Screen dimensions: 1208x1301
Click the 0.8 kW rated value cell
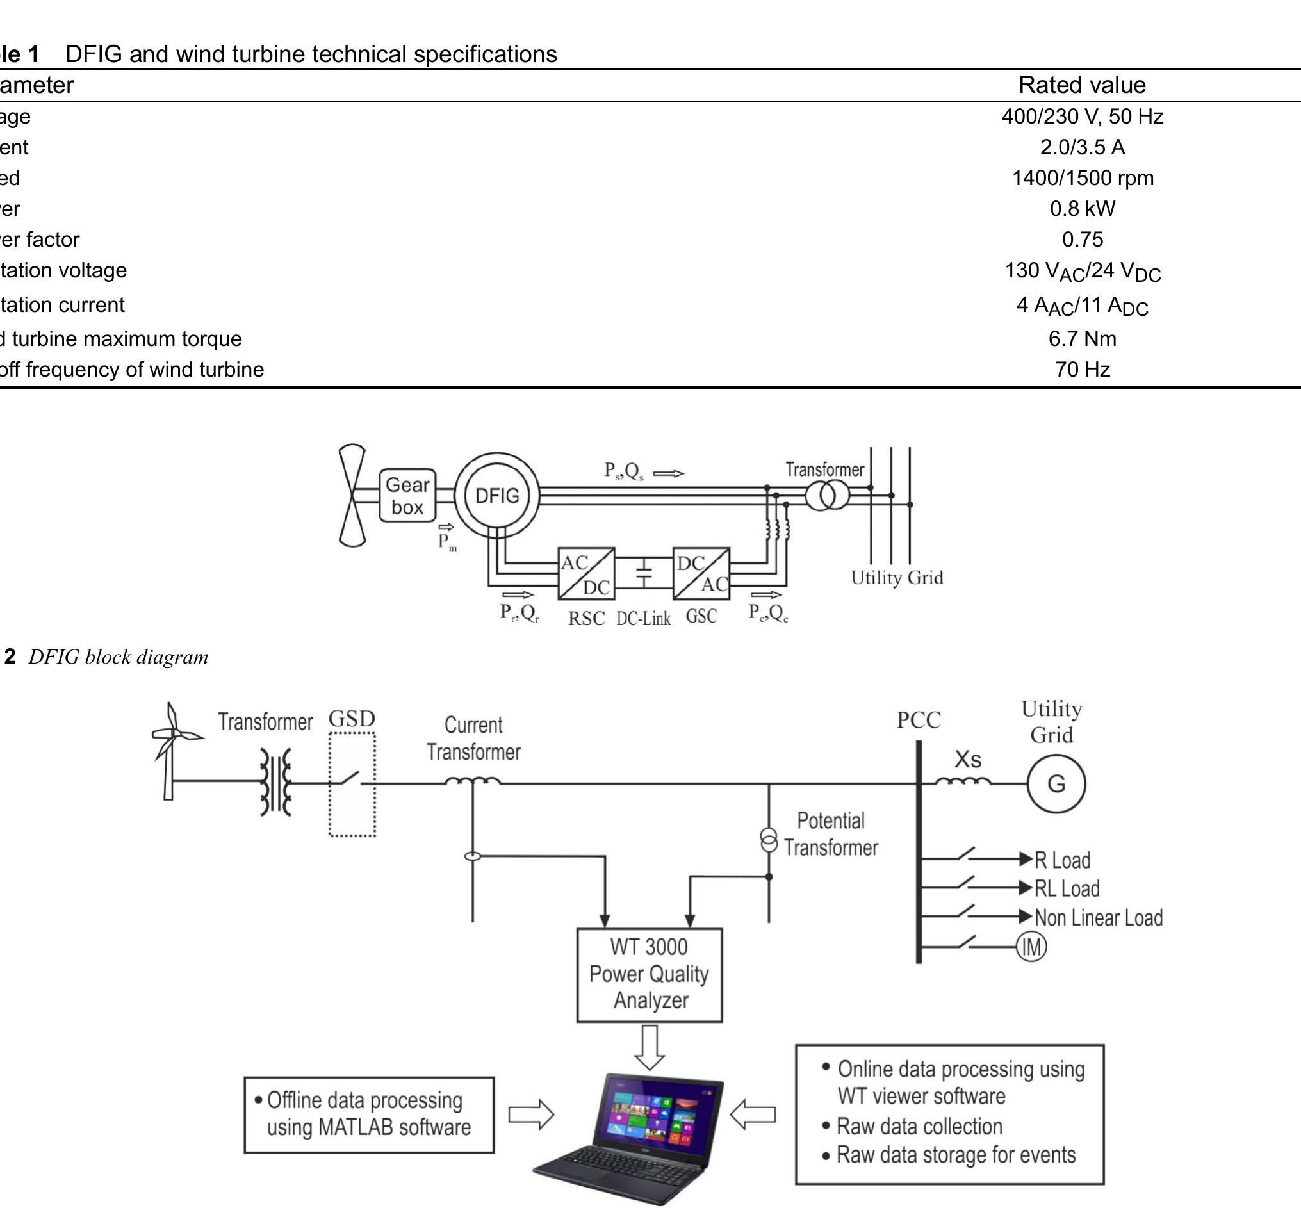(1082, 209)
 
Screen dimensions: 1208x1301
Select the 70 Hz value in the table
(1082, 370)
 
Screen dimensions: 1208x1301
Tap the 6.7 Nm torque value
(1082, 339)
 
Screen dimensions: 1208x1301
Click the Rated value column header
(1082, 85)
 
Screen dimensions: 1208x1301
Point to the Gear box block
(407, 496)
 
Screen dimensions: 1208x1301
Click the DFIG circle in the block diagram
(497, 496)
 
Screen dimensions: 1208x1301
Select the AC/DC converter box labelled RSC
(585, 574)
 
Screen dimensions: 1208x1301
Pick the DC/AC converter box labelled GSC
(701, 574)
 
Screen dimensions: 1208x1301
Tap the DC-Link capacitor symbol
(644, 573)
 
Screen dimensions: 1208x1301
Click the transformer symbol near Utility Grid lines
(827, 495)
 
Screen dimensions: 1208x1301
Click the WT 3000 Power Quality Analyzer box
(649, 974)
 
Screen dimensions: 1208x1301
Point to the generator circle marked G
(1056, 784)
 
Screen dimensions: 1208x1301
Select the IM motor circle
(1031, 947)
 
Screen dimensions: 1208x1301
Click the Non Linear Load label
(1099, 918)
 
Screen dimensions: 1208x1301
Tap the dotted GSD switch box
(352, 784)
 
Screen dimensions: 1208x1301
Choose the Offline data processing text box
(369, 1114)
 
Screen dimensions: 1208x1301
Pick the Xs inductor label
(967, 760)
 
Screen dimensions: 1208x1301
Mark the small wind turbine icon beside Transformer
(171, 751)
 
